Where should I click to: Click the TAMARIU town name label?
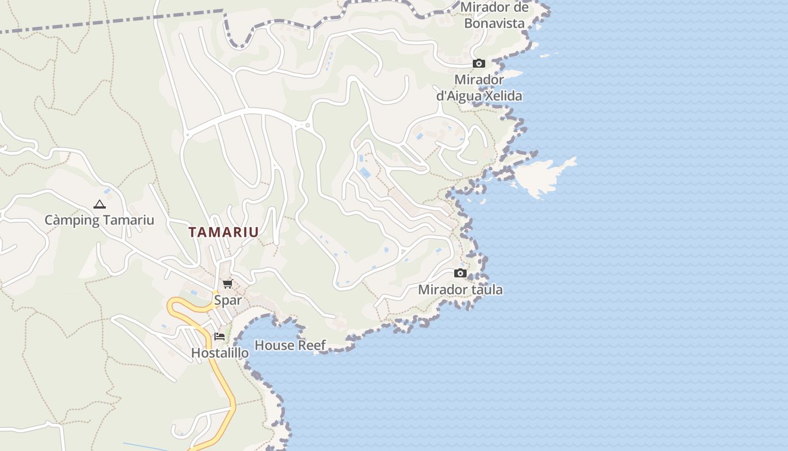click(x=223, y=232)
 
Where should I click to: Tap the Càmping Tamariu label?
click(x=99, y=220)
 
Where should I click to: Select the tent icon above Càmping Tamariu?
click(x=100, y=204)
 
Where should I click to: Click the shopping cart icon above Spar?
click(x=227, y=284)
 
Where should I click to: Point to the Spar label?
click(x=227, y=300)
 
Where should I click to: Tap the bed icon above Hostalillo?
click(x=220, y=337)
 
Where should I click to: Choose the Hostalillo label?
click(x=220, y=353)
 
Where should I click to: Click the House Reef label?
click(x=290, y=345)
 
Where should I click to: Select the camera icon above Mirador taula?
click(x=460, y=273)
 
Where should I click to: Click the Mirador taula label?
click(x=460, y=290)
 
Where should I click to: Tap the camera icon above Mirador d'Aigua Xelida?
click(x=479, y=63)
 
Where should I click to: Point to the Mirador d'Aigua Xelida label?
click(x=479, y=88)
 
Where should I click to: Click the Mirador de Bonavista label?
click(x=494, y=15)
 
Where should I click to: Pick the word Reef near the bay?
click(x=312, y=345)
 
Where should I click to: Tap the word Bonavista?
click(x=494, y=23)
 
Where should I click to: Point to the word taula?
click(x=487, y=290)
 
